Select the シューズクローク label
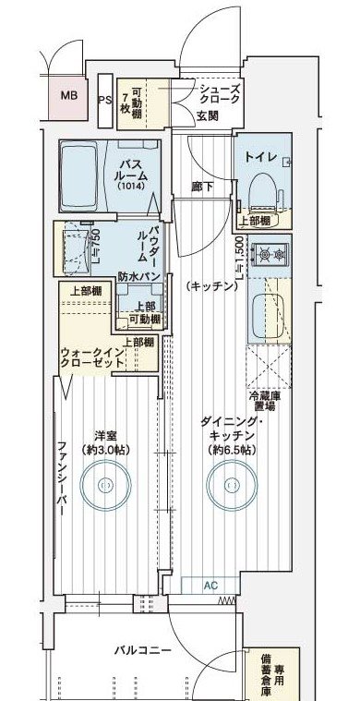pyautogui.click(x=219, y=94)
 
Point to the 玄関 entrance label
pyautogui.click(x=207, y=117)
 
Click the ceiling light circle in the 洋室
pyautogui.click(x=105, y=483)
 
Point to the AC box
pyautogui.click(x=211, y=584)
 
